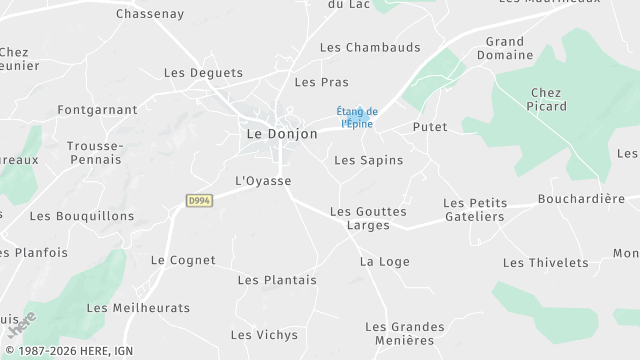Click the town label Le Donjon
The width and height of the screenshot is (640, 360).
tap(282, 133)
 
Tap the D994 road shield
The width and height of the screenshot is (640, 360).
tap(199, 201)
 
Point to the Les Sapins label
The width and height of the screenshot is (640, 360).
tap(368, 160)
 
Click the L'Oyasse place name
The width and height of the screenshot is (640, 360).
tap(262, 181)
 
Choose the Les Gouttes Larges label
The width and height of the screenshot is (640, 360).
tap(368, 219)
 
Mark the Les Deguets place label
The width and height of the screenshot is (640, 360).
tap(203, 73)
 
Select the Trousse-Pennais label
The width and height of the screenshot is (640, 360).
tap(95, 153)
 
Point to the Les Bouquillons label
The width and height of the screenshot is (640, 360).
tap(82, 216)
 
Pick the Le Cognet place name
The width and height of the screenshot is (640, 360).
tap(183, 260)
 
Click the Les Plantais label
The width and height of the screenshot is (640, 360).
tap(277, 280)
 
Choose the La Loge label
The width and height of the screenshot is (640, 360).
tap(385, 262)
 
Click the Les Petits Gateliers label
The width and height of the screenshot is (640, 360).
tap(475, 210)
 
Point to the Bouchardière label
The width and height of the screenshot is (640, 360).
tap(581, 199)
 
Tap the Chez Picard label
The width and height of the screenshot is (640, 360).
tap(548, 100)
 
